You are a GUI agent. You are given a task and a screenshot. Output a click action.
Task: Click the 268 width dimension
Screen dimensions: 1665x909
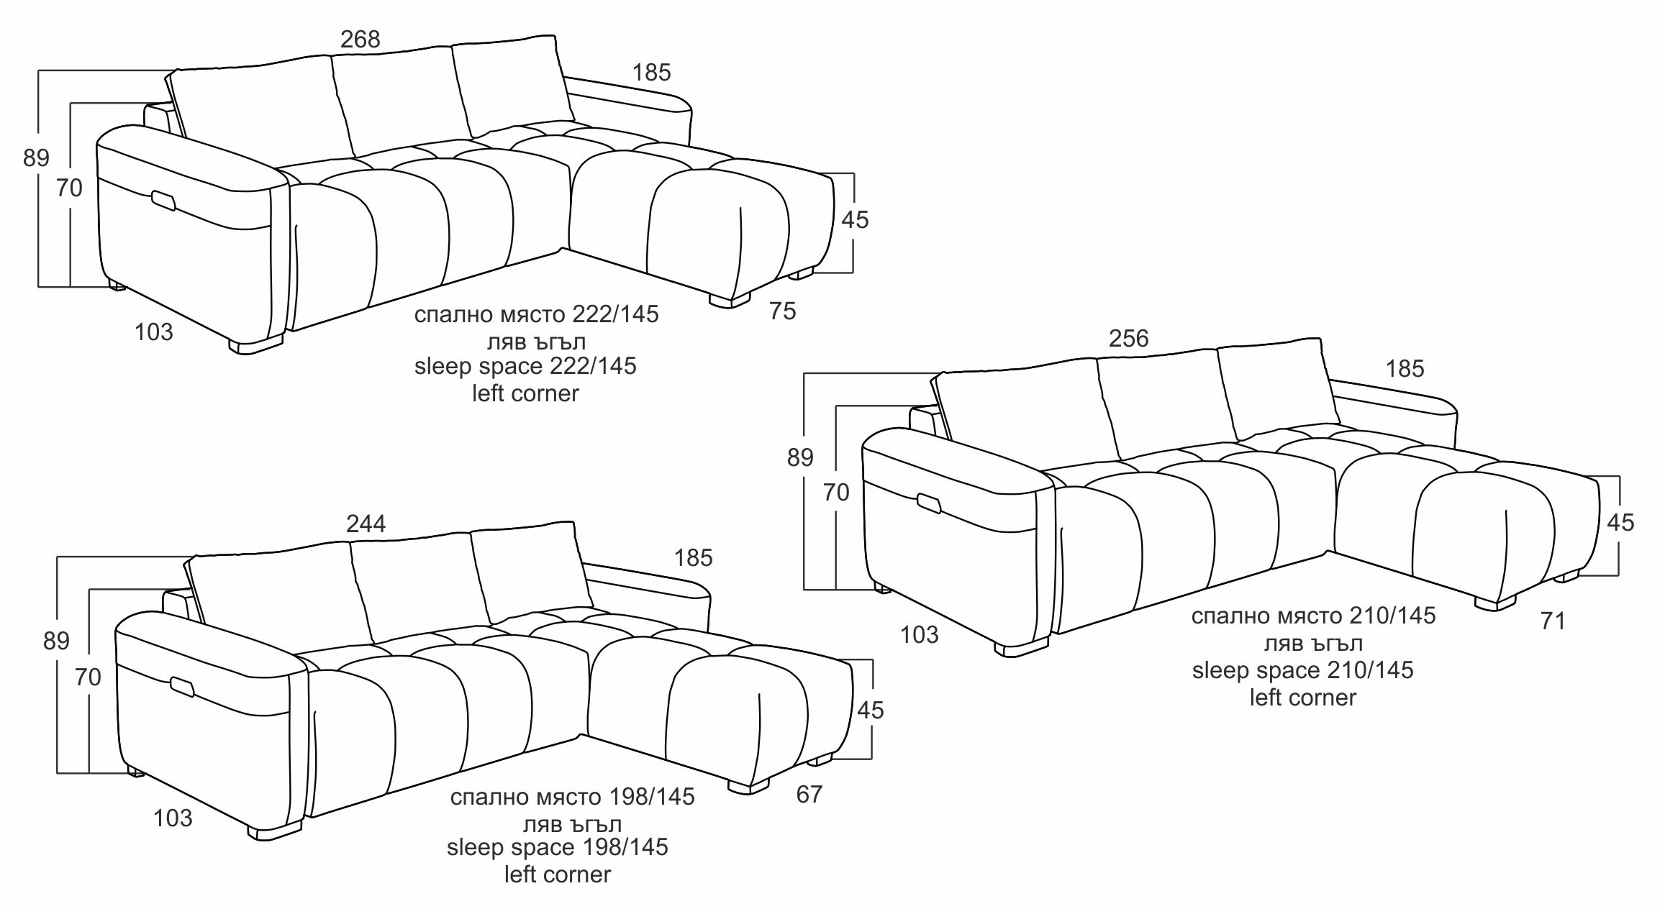click(x=360, y=39)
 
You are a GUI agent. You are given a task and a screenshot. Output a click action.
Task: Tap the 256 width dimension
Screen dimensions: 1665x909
click(x=1128, y=339)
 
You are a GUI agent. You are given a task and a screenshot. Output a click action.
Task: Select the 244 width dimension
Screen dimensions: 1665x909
click(x=366, y=524)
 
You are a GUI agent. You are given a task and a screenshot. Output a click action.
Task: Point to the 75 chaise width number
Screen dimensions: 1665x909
click(x=783, y=311)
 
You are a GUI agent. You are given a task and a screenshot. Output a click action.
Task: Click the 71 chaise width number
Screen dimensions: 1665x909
click(x=1553, y=621)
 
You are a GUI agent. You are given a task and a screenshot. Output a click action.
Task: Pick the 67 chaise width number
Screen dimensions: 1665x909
click(x=809, y=794)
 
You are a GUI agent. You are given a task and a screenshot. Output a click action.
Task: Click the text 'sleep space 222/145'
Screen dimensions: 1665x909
click(x=525, y=366)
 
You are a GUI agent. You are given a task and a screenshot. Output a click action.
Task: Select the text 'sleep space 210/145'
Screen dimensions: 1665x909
click(x=1302, y=670)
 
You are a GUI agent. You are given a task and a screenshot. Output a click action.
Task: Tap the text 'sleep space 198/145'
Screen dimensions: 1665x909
click(x=558, y=847)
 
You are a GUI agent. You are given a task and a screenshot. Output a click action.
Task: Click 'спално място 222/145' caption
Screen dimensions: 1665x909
click(x=536, y=314)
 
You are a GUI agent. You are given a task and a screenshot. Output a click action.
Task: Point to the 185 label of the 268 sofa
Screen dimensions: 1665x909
click(x=651, y=73)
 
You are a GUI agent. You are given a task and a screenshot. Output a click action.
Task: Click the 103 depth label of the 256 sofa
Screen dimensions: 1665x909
click(x=920, y=635)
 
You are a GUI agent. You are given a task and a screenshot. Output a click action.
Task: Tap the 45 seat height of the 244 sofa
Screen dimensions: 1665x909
click(x=871, y=711)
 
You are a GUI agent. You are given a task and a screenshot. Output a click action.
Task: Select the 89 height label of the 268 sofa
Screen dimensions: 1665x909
click(x=36, y=157)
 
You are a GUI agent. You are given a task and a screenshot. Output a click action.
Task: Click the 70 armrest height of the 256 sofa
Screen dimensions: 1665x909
click(x=836, y=493)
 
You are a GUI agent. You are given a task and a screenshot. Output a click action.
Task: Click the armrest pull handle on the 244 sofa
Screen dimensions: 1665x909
click(x=182, y=687)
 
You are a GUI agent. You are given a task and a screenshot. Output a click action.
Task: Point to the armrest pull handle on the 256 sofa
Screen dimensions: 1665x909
click(x=929, y=504)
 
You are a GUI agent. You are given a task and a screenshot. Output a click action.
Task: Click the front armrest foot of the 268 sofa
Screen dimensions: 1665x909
click(x=256, y=347)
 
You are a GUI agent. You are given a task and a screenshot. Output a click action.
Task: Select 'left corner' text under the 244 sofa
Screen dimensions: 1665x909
click(x=558, y=874)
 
